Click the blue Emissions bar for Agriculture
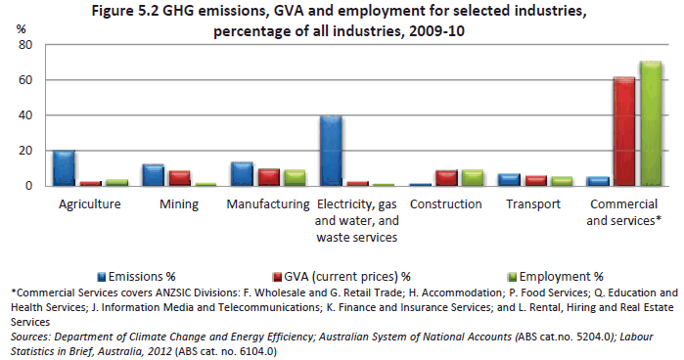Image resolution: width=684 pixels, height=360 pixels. pos(65,168)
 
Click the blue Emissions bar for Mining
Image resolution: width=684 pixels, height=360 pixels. pos(154,175)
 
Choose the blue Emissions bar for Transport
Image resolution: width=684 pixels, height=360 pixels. pos(509,180)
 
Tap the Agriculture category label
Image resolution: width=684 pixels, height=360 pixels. pos(90,204)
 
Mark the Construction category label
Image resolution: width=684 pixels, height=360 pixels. pos(446,204)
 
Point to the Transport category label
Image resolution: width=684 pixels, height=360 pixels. pos(534,204)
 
